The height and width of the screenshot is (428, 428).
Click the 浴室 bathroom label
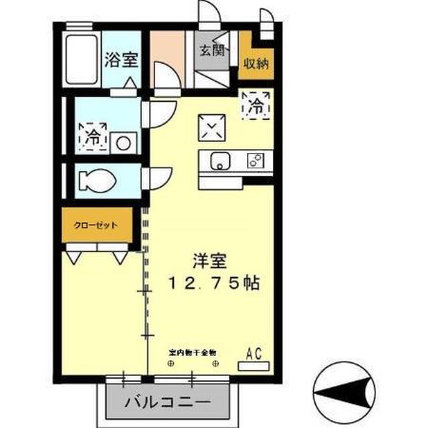click(x=122, y=59)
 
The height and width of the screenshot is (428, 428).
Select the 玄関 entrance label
click(x=211, y=50)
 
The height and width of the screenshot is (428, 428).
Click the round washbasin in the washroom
click(x=123, y=143)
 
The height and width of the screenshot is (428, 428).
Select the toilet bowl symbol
click(x=96, y=178)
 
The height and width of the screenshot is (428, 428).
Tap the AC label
click(x=255, y=353)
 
